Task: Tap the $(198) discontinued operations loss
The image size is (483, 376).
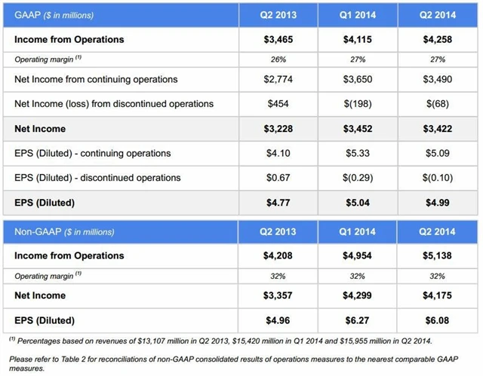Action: (x=357, y=104)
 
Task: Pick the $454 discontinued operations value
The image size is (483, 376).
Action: (x=277, y=104)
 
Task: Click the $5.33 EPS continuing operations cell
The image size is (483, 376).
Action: (x=357, y=154)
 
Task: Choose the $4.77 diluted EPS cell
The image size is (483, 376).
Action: (x=277, y=203)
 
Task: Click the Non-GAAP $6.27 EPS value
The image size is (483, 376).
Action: (x=357, y=319)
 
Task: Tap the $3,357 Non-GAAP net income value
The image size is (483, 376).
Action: (x=277, y=295)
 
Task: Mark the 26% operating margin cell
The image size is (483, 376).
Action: (x=277, y=59)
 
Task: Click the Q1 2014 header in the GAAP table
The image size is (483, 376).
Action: (x=357, y=14)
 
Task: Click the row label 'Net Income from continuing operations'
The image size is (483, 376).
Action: (x=96, y=79)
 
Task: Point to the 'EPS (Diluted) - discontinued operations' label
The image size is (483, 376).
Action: (x=97, y=178)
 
